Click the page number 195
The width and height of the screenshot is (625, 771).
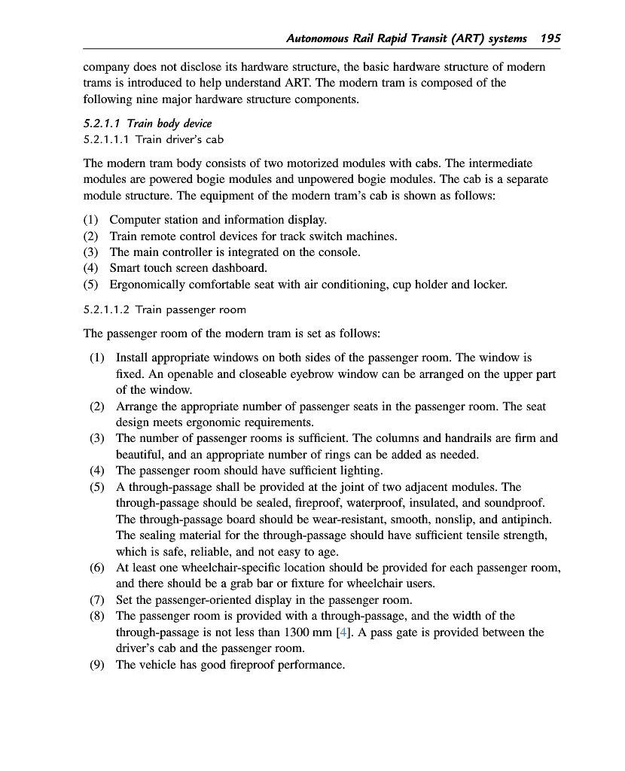[550, 38]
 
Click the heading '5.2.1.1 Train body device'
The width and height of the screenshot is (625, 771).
[148, 123]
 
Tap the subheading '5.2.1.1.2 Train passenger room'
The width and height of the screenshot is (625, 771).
[164, 309]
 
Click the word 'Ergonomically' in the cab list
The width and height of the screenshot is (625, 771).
[145, 285]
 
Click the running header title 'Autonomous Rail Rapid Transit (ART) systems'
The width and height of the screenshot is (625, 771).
[407, 38]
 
